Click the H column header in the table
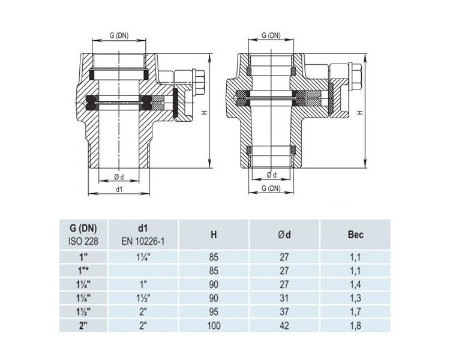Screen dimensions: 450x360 pos(214,235)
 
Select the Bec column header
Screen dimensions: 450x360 pos(356,235)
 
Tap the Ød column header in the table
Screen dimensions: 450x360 pos(284,235)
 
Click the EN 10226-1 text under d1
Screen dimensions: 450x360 pos(143,241)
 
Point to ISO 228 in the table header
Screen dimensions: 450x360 pos(83,241)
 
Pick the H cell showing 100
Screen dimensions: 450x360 pos(214,326)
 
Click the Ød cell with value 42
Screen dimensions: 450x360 pos(284,326)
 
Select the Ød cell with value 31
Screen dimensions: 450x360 pos(284,298)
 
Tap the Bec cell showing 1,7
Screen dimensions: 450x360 pos(356,312)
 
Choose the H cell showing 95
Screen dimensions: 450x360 pos(214,312)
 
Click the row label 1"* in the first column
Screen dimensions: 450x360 pos(83,271)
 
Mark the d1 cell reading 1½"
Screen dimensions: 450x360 pos(143,298)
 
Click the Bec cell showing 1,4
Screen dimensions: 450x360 pos(356,284)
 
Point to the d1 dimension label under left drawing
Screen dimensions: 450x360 pos(119,189)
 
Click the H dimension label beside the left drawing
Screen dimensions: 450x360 pos(205,113)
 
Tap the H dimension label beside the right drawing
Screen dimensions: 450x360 pos(361,113)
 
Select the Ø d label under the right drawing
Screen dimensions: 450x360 pos(271,175)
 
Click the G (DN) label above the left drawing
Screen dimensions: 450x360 pos(119,35)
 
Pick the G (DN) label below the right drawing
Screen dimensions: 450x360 pos(271,188)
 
